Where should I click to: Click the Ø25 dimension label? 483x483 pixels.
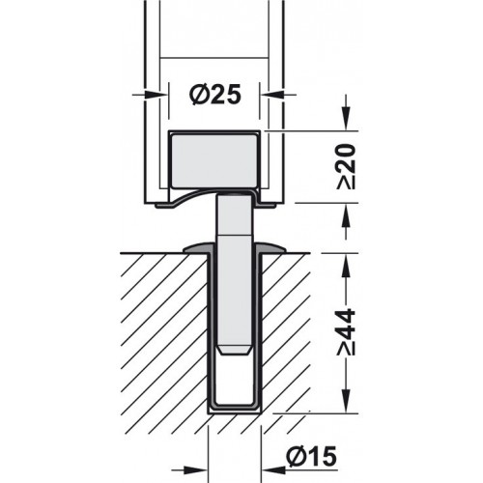pos(210,94)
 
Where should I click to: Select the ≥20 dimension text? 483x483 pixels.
pos(348,165)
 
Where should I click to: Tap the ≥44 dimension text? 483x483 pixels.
pos(348,332)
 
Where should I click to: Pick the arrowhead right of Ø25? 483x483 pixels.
pos(271,94)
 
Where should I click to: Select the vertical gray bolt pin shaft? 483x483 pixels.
pos(231,270)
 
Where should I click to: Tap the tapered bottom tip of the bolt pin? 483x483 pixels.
pos(231,347)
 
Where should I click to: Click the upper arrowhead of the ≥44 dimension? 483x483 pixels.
pos(347,262)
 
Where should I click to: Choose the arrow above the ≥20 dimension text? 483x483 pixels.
pos(347,120)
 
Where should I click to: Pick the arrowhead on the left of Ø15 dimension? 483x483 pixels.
pos(200,455)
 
